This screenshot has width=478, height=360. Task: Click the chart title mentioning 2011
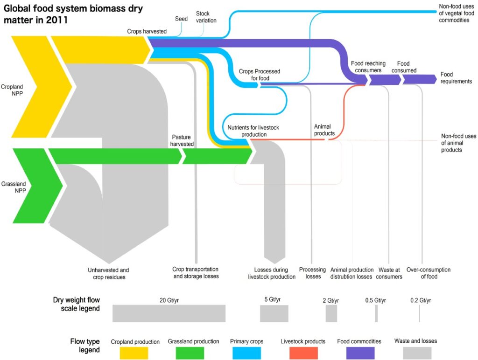point(74,14)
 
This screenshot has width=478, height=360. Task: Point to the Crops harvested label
point(147,31)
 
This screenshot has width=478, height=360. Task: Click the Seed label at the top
point(181,19)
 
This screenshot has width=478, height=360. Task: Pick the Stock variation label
point(206,17)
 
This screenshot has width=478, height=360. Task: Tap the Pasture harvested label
point(183,141)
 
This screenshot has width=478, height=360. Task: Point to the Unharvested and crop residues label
point(108,273)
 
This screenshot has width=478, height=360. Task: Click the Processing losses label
point(312,273)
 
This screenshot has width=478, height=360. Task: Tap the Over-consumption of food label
point(428,273)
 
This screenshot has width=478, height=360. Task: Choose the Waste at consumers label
point(389,273)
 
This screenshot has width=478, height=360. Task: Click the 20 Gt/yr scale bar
point(169,313)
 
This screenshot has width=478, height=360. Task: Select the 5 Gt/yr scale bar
point(274,313)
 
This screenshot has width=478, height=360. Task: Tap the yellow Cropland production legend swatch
point(134,353)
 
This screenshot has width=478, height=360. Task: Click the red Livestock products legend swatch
point(303,353)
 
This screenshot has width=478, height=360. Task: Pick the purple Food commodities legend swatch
point(359,353)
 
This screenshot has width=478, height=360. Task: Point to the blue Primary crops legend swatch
point(246,353)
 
